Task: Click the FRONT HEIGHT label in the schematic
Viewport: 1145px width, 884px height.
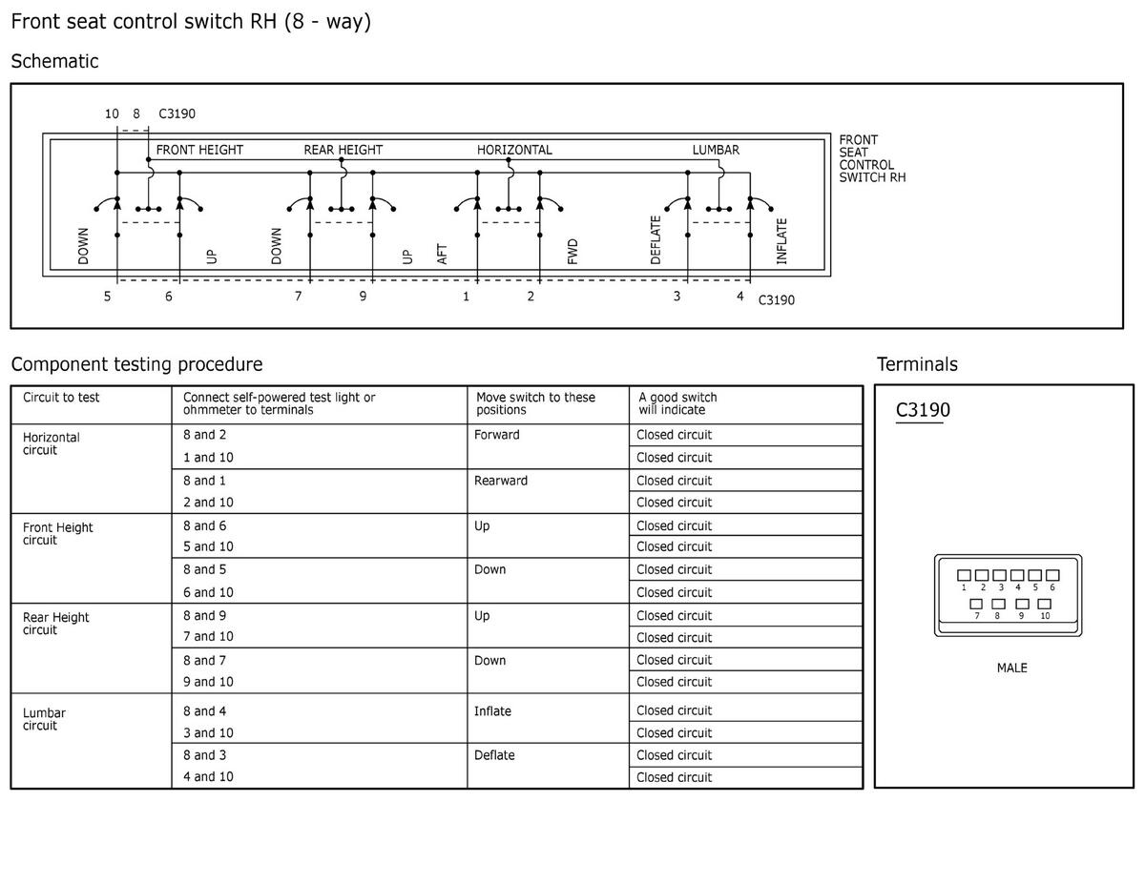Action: (199, 150)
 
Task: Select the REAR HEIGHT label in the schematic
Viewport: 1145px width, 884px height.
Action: (343, 150)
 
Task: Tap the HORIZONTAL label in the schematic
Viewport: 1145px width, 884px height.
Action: (514, 150)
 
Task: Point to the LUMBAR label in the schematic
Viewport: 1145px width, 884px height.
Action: (716, 150)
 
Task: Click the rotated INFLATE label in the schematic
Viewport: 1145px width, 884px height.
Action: (781, 241)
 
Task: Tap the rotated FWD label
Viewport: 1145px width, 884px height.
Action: (572, 252)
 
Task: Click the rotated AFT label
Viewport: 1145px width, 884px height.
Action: (442, 254)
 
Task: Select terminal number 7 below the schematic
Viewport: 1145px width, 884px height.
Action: (298, 297)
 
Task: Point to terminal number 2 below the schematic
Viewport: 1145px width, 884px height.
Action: (531, 297)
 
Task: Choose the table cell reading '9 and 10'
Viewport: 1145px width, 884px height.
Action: (208, 682)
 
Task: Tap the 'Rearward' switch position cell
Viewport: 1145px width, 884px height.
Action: (501, 481)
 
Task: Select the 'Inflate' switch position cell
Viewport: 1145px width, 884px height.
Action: (492, 710)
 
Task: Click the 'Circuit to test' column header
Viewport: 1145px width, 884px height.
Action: (61, 398)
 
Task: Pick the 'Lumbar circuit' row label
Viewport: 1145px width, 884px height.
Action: (44, 719)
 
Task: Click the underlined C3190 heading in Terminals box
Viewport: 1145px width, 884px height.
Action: (923, 411)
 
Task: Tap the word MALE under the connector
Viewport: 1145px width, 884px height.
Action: (1011, 668)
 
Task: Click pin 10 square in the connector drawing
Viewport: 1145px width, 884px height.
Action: (1044, 604)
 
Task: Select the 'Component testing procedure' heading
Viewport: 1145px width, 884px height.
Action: (136, 364)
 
